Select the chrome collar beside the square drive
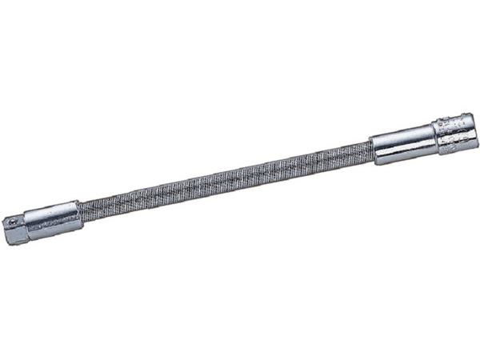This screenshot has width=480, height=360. coord(53,220)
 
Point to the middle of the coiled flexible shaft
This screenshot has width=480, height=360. coord(226,178)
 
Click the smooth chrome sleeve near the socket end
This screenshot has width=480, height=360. coord(402,143)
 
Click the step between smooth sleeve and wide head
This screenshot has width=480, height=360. coord(434,137)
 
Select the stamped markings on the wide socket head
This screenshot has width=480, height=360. coord(454,131)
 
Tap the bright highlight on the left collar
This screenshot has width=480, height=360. coord(53,214)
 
